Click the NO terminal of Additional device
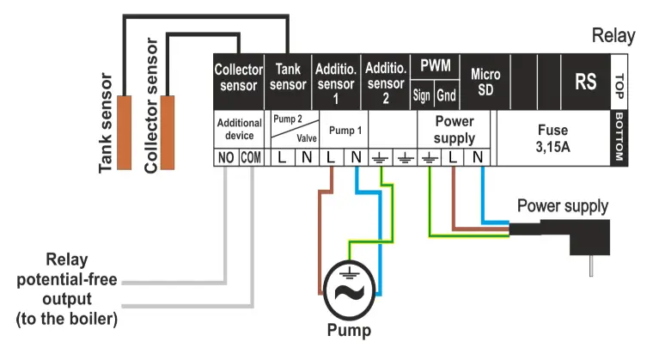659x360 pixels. coord(226,157)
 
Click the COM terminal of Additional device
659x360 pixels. coord(251,157)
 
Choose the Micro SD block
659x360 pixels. coord(485,82)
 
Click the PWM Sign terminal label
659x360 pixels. coord(421,95)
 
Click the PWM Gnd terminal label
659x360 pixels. coord(446,95)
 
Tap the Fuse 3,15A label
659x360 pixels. coord(552,137)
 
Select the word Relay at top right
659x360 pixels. coord(613,36)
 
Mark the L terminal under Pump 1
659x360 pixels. coord(331,157)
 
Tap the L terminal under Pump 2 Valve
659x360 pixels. coord(282,157)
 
